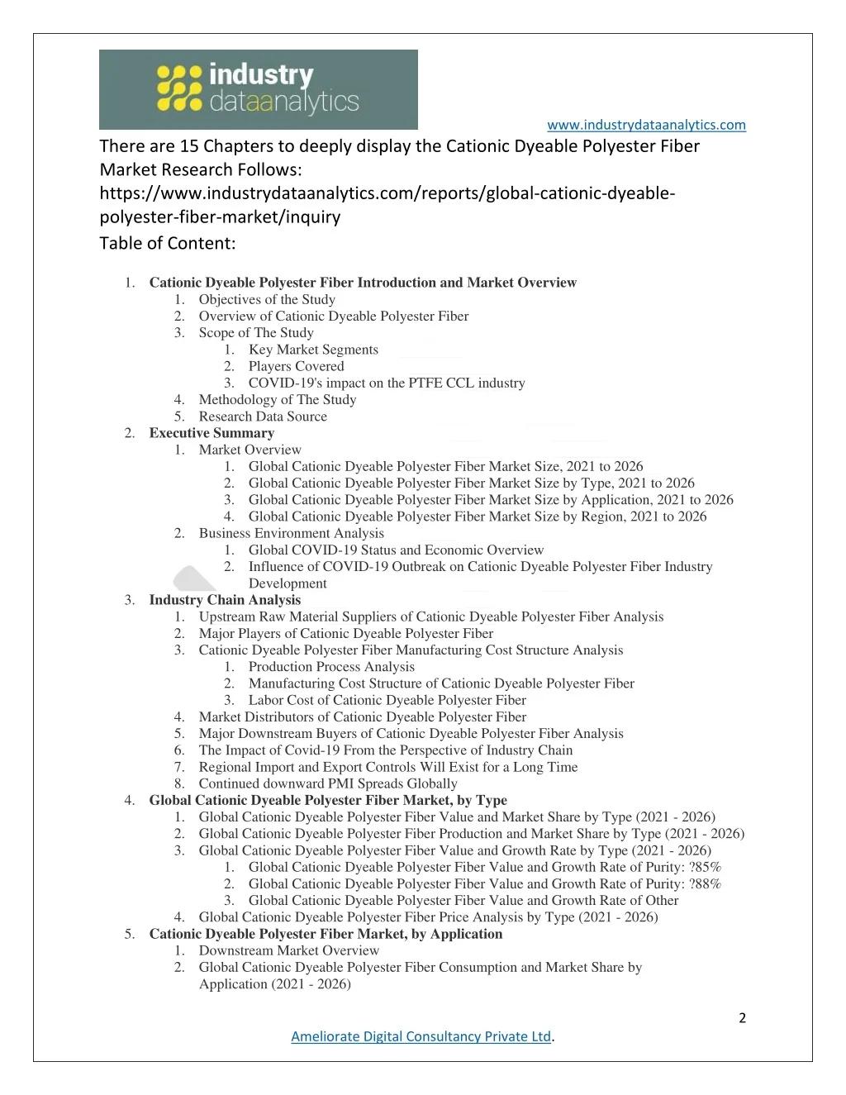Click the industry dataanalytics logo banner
coord(258,89)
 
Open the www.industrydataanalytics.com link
coord(646,125)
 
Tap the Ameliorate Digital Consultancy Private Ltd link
coord(421,1036)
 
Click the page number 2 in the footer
coord(742,1018)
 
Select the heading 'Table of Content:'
coord(168,243)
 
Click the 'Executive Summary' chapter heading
coord(211,433)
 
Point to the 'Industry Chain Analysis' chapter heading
coord(225,600)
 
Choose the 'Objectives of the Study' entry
coord(267,299)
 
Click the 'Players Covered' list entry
coord(296,366)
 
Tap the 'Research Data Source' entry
coord(263,417)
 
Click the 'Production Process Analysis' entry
coord(331,667)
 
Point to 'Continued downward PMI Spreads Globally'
coord(327,783)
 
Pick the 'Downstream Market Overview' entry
coord(288,950)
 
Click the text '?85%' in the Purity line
coord(705,867)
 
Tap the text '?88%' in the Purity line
coord(705,883)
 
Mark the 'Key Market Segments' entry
coord(313,350)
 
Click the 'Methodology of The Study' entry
coord(278,400)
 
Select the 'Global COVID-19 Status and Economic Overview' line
coord(396,550)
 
